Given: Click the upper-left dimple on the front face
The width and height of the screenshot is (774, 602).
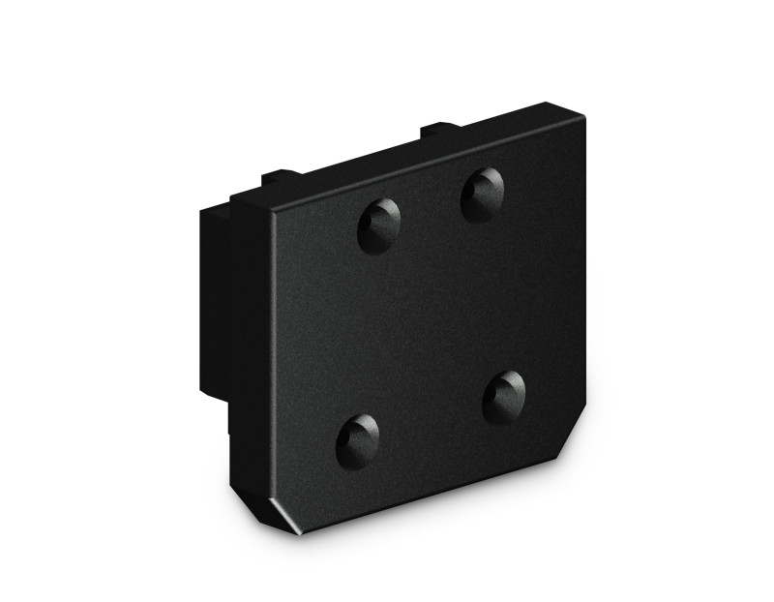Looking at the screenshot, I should (378, 225).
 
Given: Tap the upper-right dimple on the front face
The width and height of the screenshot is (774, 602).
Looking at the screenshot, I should (481, 193).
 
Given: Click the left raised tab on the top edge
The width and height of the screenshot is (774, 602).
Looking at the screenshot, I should (278, 177).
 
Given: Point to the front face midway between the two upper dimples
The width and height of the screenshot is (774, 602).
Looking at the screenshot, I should (430, 209).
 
